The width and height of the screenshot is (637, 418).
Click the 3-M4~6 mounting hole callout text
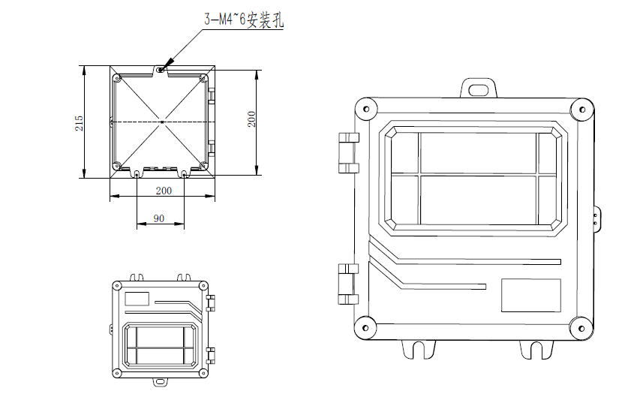tap(243, 19)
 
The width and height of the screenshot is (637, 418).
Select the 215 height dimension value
tap(79, 123)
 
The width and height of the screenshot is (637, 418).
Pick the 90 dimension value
tap(159, 218)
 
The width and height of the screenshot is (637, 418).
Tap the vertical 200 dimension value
tap(251, 119)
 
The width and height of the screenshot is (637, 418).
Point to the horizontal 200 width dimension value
tap(164, 191)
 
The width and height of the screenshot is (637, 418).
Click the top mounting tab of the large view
tap(479, 88)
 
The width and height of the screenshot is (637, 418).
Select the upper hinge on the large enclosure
tap(349, 153)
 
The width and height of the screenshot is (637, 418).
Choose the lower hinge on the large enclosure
tap(347, 284)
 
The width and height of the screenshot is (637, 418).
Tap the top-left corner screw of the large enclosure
tap(366, 109)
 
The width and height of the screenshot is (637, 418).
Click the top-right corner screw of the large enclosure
tap(582, 110)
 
